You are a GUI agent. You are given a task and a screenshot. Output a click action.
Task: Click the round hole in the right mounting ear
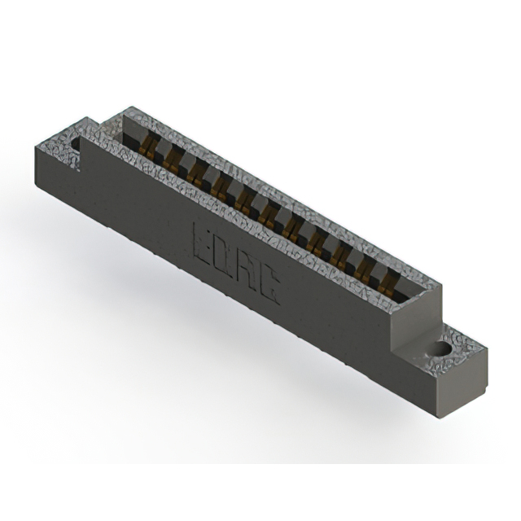(443, 348)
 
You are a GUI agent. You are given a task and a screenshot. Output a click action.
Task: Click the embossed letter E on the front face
(202, 243)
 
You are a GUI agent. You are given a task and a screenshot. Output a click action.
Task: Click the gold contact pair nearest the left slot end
(148, 148)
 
